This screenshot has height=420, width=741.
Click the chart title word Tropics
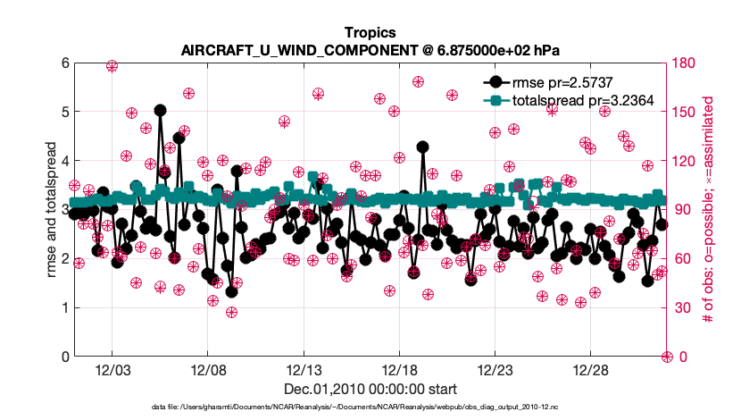coord(370,32)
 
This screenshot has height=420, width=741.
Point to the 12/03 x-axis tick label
coord(112,370)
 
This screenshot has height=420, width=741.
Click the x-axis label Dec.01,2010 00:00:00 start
coord(370,389)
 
